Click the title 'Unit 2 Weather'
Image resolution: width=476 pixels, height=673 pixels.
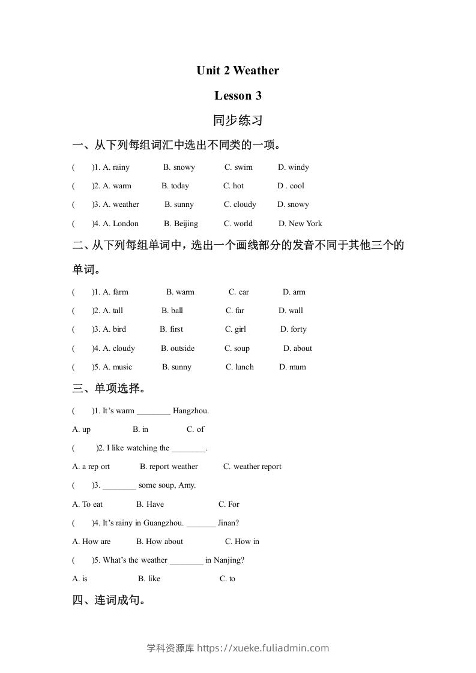click(x=238, y=71)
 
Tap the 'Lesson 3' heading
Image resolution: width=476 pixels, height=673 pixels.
click(x=238, y=95)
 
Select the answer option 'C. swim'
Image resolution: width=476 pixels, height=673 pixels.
click(x=238, y=167)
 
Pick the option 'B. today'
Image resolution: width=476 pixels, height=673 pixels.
click(x=175, y=186)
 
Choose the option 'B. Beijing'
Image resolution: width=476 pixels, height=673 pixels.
click(x=181, y=224)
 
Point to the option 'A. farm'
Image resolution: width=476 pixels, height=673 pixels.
click(x=116, y=292)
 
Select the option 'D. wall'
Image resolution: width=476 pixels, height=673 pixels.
click(x=291, y=311)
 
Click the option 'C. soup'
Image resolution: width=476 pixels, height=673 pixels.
click(x=237, y=348)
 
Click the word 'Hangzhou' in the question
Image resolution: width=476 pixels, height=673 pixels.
click(x=190, y=411)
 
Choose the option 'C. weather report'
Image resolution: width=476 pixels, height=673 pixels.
click(x=252, y=467)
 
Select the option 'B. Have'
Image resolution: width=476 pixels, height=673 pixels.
click(x=150, y=504)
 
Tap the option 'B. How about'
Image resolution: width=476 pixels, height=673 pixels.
click(x=160, y=542)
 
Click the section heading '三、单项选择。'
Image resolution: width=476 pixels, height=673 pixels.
click(x=109, y=389)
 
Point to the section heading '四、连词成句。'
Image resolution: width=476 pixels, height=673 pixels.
click(x=109, y=600)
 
